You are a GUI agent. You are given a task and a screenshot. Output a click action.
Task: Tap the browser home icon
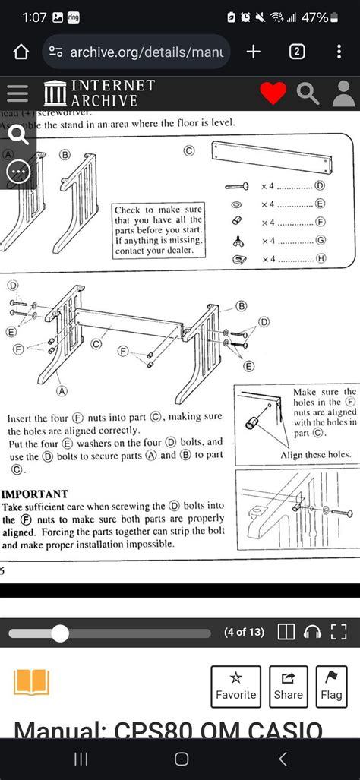pyautogui.click(x=21, y=52)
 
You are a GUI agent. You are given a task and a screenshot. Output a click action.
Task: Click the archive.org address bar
pyautogui.click(x=137, y=52)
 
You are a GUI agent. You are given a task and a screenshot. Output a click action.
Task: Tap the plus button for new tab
pyautogui.click(x=254, y=52)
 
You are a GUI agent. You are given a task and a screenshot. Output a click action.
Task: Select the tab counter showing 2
pyautogui.click(x=297, y=52)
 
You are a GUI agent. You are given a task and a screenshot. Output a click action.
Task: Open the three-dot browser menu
pyautogui.click(x=339, y=52)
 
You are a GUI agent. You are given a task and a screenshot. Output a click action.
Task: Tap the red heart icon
pyautogui.click(x=273, y=93)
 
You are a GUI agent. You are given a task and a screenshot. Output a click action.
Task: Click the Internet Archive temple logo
pyautogui.click(x=55, y=93)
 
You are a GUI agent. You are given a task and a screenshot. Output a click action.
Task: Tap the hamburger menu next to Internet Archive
pyautogui.click(x=17, y=93)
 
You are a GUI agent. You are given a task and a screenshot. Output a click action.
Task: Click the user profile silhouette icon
pyautogui.click(x=343, y=93)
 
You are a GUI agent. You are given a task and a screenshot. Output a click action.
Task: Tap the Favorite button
pyautogui.click(x=235, y=686)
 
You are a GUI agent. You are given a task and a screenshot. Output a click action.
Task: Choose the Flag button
pyautogui.click(x=331, y=686)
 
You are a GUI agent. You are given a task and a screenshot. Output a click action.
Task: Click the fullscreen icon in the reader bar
pyautogui.click(x=339, y=632)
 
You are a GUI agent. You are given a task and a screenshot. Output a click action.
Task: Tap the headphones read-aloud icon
pyautogui.click(x=311, y=632)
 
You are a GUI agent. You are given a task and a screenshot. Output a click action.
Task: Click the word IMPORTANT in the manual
pyautogui.click(x=35, y=494)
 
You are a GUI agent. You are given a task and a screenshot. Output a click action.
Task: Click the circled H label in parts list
pyautogui.click(x=321, y=259)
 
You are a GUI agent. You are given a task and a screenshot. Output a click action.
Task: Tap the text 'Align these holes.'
pyautogui.click(x=315, y=455)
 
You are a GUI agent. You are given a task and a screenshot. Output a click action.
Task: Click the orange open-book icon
pyautogui.click(x=31, y=682)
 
